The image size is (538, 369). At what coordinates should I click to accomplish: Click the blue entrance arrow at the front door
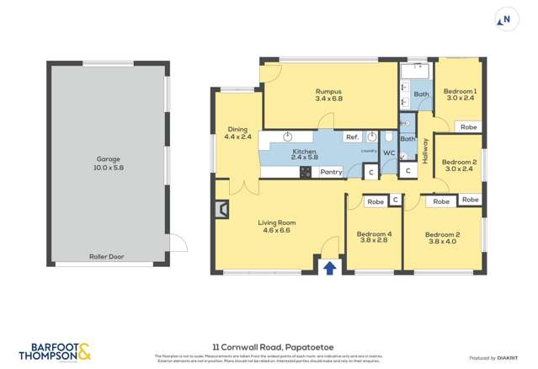(x=330, y=267)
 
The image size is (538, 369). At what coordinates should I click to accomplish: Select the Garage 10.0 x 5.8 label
(x=108, y=163)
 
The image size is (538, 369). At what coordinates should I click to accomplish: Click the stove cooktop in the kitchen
(x=305, y=172)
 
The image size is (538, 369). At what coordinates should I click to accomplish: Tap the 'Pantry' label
(x=331, y=172)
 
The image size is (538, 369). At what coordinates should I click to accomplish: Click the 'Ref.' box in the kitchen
(x=352, y=137)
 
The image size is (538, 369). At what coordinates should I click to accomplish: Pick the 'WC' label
(x=389, y=152)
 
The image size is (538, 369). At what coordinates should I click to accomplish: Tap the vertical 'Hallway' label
(x=426, y=150)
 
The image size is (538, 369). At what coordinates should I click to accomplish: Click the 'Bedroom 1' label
(x=461, y=94)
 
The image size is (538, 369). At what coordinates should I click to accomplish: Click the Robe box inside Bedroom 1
(x=468, y=127)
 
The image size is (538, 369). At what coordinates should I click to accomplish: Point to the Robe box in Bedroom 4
(x=375, y=201)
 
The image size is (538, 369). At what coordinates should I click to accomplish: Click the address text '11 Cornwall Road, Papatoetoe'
(x=269, y=345)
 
